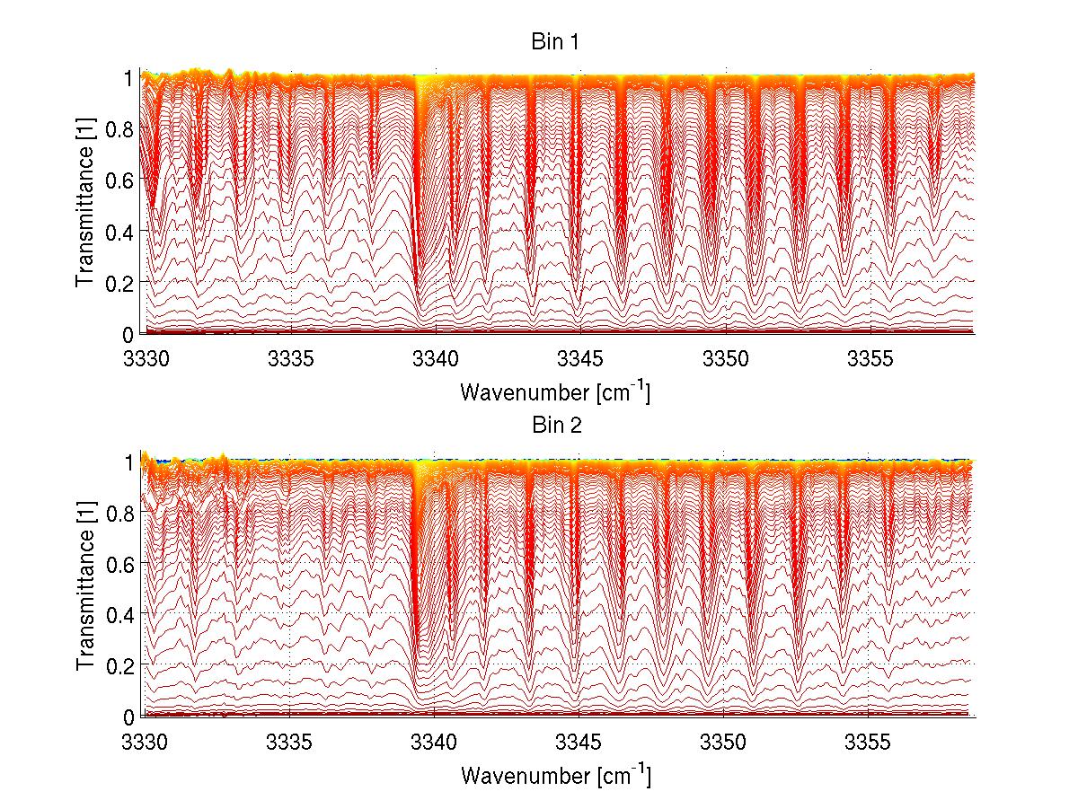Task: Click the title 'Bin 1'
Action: tap(555, 41)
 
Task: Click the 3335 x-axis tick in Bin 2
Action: tap(290, 743)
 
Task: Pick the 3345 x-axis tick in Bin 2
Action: tap(580, 743)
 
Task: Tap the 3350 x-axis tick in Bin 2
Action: tap(726, 743)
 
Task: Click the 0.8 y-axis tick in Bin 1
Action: tap(121, 128)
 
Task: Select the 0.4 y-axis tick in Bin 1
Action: tap(121, 231)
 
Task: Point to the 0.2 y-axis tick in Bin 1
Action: tap(121, 282)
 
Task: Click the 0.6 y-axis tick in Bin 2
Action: tap(121, 563)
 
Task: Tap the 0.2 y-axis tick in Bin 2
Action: tap(121, 665)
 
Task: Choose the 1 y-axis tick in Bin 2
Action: tap(129, 461)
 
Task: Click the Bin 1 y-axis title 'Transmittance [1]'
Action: tap(86, 205)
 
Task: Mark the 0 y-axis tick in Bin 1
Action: tap(129, 333)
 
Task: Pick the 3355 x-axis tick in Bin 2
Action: tap(870, 743)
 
